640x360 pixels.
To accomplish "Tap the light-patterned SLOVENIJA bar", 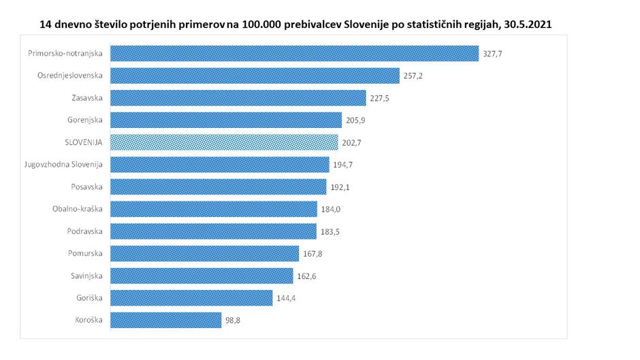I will pyautogui.click(x=224, y=142).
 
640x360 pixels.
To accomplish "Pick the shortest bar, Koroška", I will pyautogui.click(x=165, y=320).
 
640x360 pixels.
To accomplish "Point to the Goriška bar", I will pyautogui.click(x=191, y=298).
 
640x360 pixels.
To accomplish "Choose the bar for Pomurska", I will pyautogui.click(x=204, y=254).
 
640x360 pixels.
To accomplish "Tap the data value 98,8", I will pyautogui.click(x=234, y=320).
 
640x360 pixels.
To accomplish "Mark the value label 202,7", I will pyautogui.click(x=352, y=142).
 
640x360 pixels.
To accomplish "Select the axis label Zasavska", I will pyautogui.click(x=86, y=98).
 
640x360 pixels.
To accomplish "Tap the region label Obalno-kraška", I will pyautogui.click(x=77, y=209).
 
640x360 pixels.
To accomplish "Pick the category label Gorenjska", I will pyautogui.click(x=85, y=120).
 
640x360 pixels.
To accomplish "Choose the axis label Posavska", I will pyautogui.click(x=86, y=187).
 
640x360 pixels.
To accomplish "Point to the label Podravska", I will pyautogui.click(x=85, y=231).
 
